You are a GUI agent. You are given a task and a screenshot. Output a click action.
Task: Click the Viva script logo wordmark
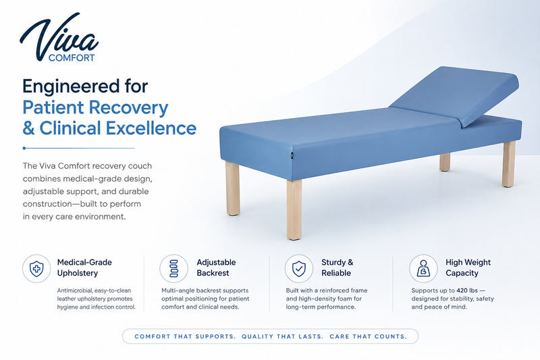(x=59, y=36)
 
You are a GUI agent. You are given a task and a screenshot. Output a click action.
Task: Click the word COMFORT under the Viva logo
(x=72, y=58)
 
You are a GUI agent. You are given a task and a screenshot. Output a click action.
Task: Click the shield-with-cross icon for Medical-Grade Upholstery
(x=36, y=269)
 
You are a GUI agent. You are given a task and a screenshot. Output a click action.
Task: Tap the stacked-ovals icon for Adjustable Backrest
(x=174, y=269)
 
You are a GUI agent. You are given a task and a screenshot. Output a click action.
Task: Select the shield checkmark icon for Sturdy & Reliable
(x=298, y=269)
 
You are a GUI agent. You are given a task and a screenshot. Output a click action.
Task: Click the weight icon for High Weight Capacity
(x=423, y=269)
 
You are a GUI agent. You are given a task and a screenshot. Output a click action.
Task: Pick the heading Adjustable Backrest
(x=216, y=267)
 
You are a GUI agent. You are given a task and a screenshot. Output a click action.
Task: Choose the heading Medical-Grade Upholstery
(x=84, y=267)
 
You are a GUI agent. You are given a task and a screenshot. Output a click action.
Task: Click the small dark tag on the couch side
(x=291, y=155)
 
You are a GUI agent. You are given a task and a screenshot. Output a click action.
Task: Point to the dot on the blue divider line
(x=24, y=148)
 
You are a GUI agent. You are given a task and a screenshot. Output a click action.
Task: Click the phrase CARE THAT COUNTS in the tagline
(x=368, y=336)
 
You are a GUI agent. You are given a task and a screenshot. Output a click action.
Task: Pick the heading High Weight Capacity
(x=468, y=267)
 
